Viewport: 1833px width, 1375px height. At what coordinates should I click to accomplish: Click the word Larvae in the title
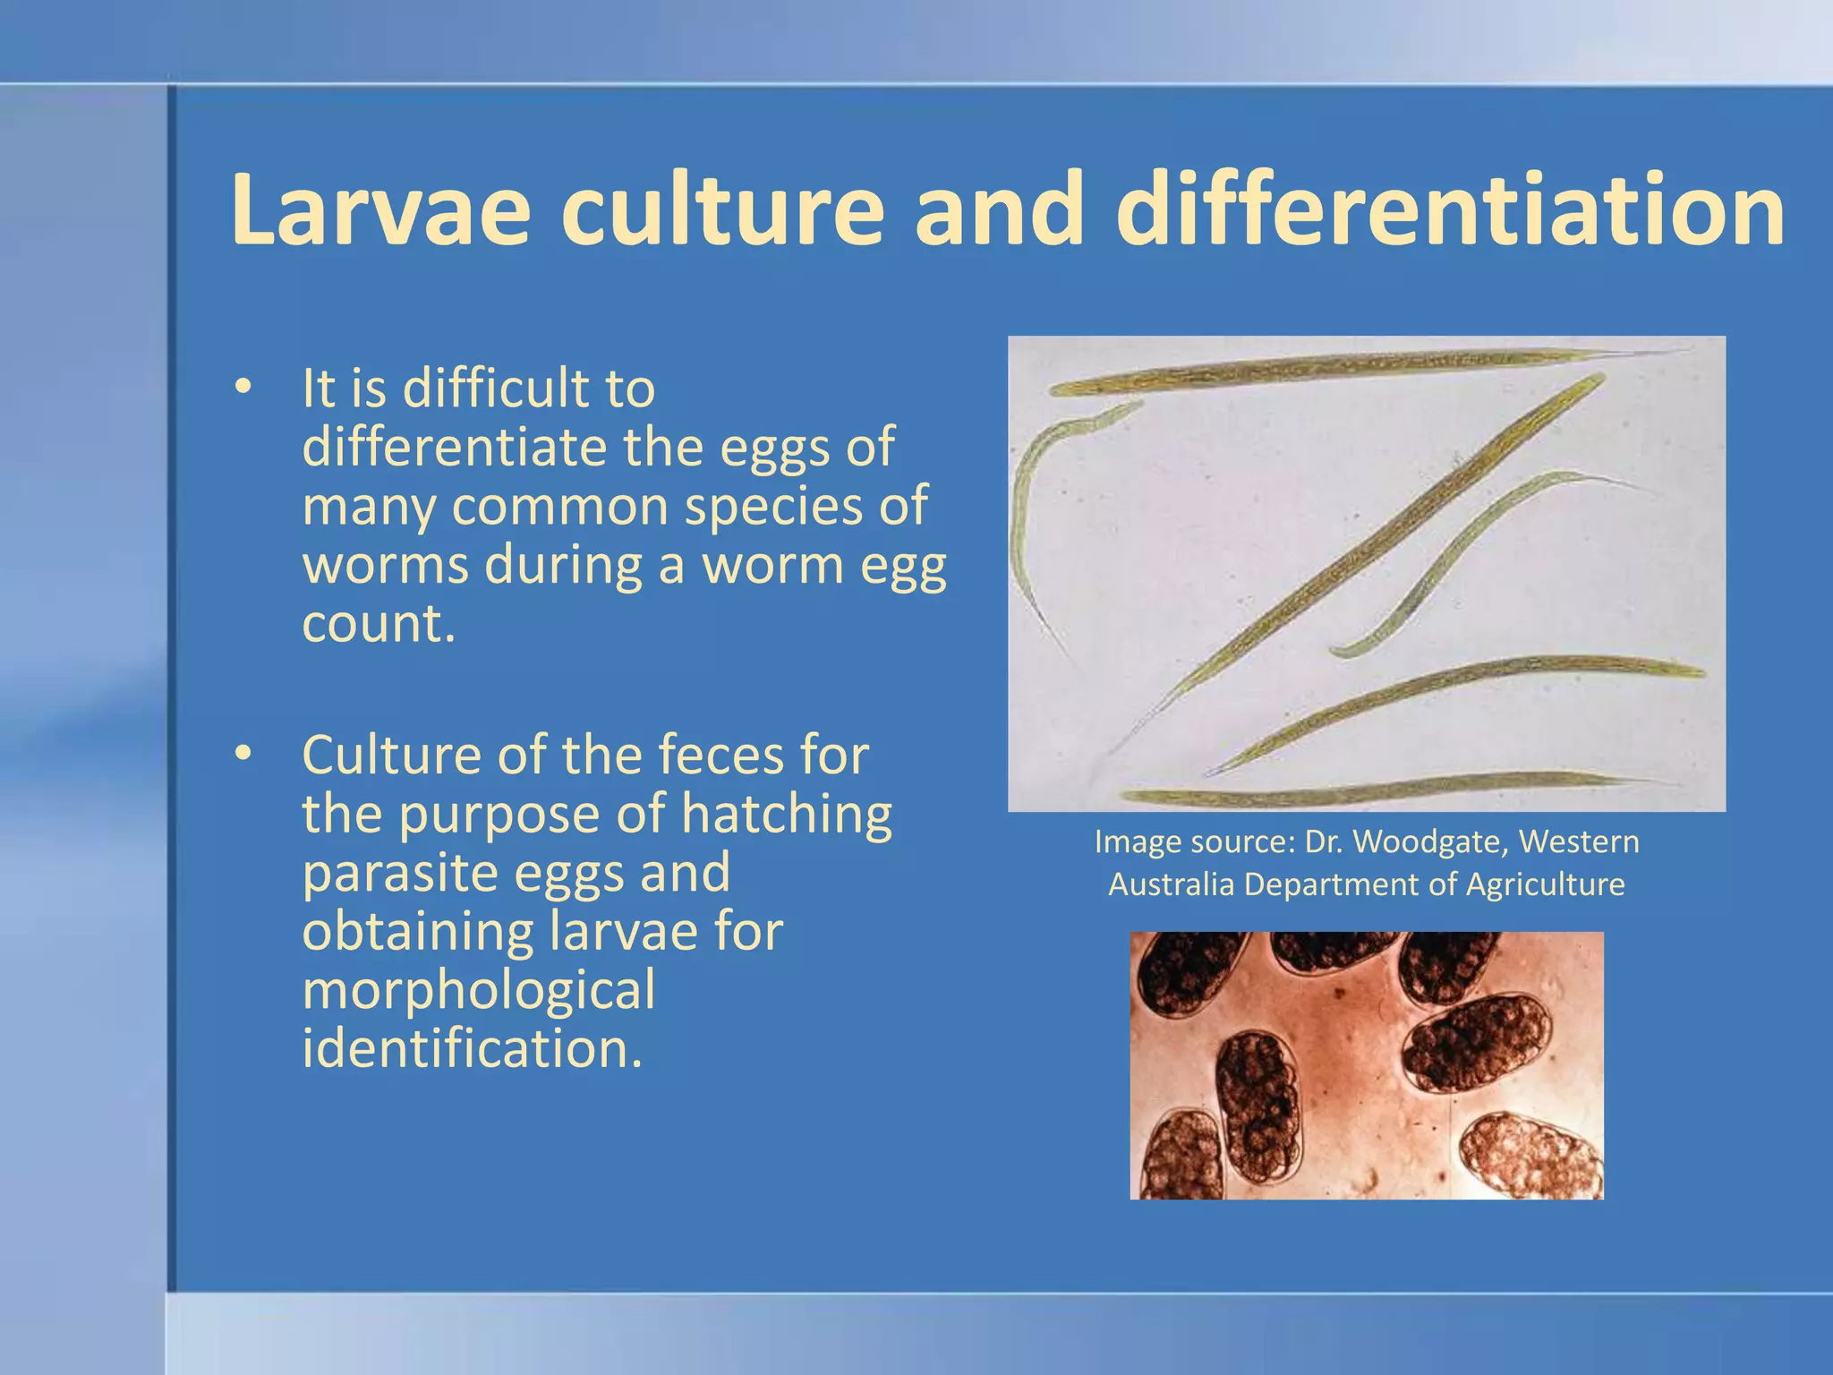tap(380, 210)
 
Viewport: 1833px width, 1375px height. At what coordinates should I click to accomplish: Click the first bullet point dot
tap(242, 388)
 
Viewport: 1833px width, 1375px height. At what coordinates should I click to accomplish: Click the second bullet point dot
tap(242, 755)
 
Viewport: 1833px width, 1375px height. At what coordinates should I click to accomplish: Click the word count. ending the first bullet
tap(379, 624)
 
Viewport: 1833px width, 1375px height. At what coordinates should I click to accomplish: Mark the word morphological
tap(479, 991)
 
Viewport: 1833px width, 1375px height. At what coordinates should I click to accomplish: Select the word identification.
tap(472, 1048)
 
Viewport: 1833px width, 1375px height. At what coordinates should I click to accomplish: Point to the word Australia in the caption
tap(1172, 884)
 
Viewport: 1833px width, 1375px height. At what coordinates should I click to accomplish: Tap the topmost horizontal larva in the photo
tap(1343, 370)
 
